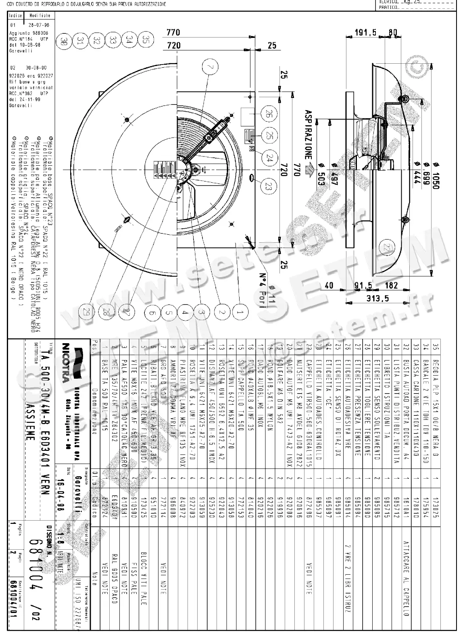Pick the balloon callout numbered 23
point(267,186)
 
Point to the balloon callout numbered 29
point(85,312)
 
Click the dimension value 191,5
point(365,33)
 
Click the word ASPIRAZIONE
point(308,138)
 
